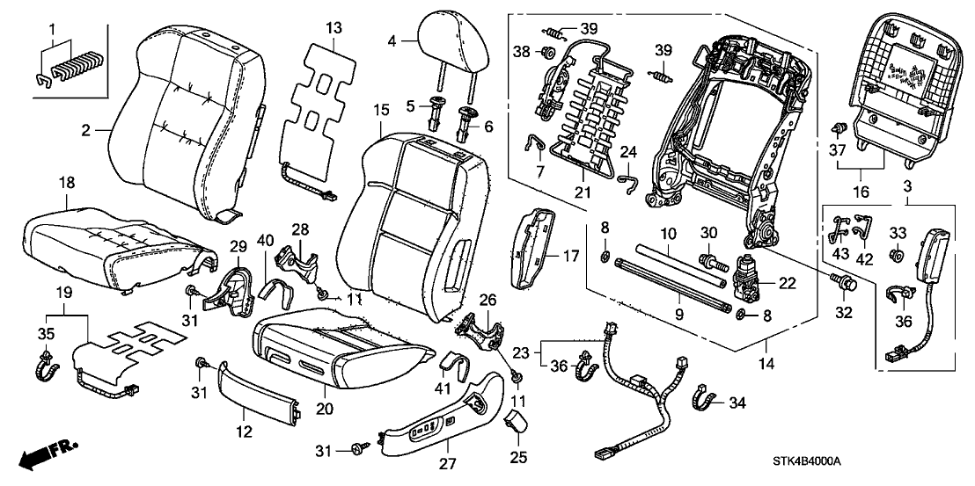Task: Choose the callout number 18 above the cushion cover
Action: [x=66, y=182]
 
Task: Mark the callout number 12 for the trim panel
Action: [x=243, y=431]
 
